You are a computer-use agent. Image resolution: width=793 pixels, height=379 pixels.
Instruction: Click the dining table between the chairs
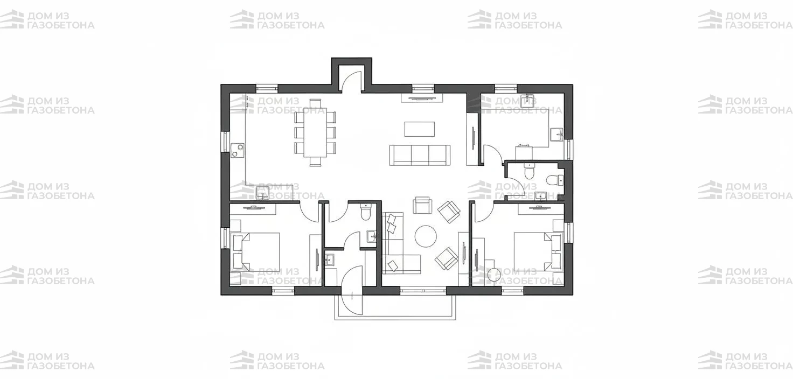pyautogui.click(x=315, y=132)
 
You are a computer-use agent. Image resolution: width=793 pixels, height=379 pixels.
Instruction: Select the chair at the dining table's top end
pyautogui.click(x=315, y=103)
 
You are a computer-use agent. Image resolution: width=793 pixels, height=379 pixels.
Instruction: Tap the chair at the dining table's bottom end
pyautogui.click(x=315, y=162)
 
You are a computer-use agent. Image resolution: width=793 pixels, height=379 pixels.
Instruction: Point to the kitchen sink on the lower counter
pyautogui.click(x=262, y=193)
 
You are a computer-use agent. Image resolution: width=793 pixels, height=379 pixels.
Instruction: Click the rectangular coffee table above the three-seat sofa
pyautogui.click(x=420, y=129)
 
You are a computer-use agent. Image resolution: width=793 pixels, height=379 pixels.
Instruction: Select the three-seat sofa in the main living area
pyautogui.click(x=420, y=155)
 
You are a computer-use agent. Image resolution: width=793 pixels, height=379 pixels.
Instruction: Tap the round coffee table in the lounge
pyautogui.click(x=426, y=236)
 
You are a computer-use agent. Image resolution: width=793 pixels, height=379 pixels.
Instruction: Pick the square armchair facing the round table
pyautogui.click(x=423, y=205)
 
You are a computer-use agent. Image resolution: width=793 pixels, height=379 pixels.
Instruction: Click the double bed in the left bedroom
pyautogui.click(x=255, y=252)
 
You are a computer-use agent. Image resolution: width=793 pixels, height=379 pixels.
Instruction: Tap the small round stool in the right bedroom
pyautogui.click(x=494, y=274)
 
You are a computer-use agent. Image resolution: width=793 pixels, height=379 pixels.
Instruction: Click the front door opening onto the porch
pyautogui.click(x=352, y=290)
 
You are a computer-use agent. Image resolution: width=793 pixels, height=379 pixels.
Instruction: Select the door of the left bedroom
pyautogui.click(x=309, y=212)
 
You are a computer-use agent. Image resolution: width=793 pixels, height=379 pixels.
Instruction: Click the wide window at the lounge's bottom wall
pyautogui.click(x=423, y=291)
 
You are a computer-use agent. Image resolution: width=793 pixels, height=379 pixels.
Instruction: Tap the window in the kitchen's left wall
pyautogui.click(x=225, y=142)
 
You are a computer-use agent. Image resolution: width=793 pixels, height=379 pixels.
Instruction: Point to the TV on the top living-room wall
pyautogui.click(x=422, y=99)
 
